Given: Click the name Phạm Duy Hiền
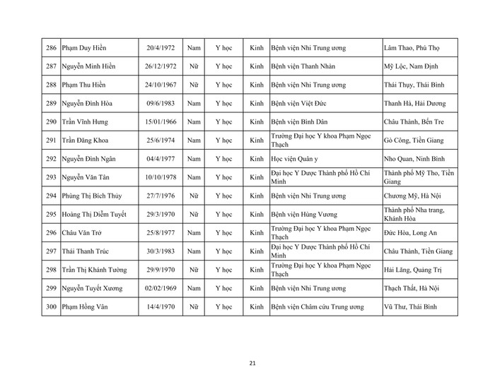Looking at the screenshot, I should pos(89,47).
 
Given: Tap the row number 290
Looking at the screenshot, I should pos(50,121).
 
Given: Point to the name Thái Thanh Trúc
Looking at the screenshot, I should pos(89,251).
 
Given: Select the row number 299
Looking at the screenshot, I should pos(50,288).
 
